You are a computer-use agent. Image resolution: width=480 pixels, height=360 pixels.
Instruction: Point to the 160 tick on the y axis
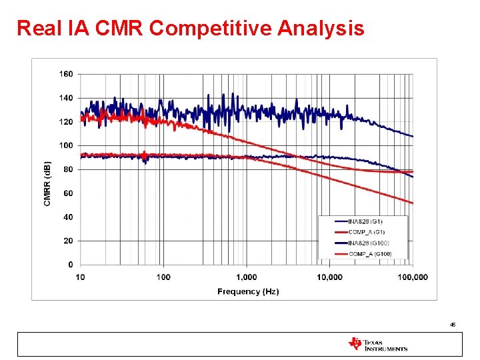(x=66, y=74)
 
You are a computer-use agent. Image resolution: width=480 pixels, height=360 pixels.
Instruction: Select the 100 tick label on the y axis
(x=66, y=145)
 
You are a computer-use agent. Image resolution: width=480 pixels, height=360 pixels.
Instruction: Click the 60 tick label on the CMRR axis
(x=68, y=193)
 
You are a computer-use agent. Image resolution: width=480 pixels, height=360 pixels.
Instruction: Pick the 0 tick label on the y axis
(x=70, y=265)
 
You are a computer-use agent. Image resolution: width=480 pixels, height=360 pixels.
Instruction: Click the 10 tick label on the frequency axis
(x=80, y=277)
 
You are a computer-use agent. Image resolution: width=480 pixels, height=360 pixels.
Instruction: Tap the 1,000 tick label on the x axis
(x=247, y=277)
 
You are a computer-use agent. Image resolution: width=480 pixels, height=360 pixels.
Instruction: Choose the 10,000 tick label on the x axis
(x=329, y=277)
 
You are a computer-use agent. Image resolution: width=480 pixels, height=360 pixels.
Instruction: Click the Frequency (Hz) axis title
(x=248, y=291)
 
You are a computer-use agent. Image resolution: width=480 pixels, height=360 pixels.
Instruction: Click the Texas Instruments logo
(x=377, y=344)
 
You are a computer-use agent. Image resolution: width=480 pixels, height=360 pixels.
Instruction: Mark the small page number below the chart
(x=452, y=325)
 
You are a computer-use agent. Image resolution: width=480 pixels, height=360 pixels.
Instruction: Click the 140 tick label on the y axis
(x=66, y=98)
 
